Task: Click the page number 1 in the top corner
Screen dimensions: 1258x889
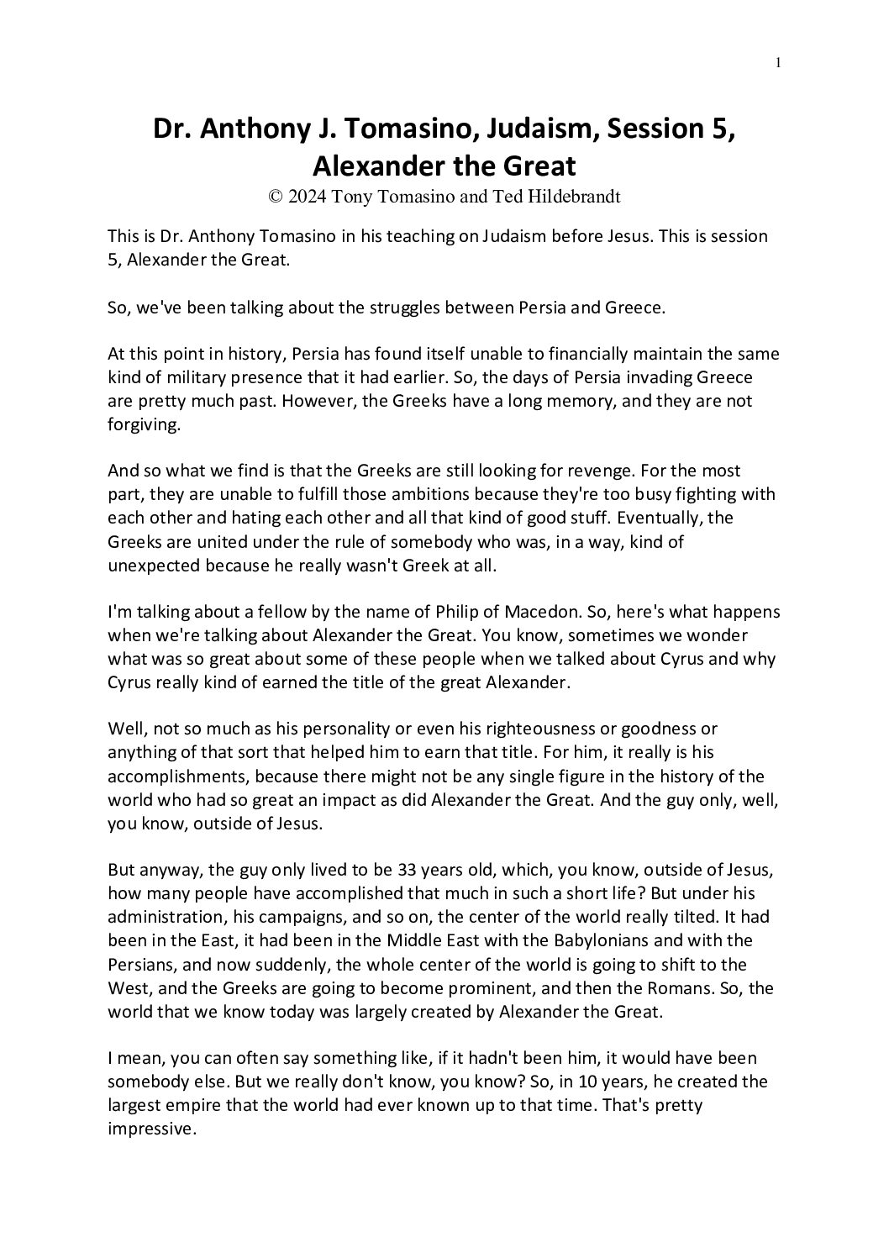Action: pos(779,61)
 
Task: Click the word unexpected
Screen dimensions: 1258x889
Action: pos(154,565)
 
